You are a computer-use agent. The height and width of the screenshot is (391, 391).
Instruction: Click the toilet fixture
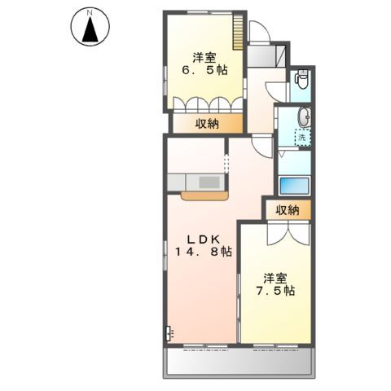(301, 81)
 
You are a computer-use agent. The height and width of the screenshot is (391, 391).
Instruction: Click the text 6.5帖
(204, 72)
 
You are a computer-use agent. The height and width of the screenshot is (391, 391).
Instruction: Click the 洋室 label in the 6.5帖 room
(204, 57)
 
